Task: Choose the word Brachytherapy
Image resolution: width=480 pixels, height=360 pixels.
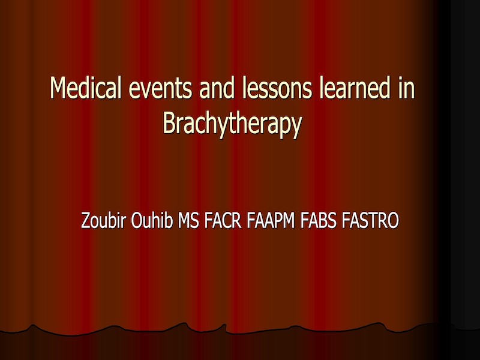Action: tap(232, 124)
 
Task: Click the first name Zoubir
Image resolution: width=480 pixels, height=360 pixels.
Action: tap(103, 220)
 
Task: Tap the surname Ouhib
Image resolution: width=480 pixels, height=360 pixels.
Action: tap(152, 220)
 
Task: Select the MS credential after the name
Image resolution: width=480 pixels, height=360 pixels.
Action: tap(188, 220)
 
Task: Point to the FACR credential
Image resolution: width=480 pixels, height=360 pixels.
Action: tap(223, 220)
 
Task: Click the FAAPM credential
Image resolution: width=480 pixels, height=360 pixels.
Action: tap(271, 220)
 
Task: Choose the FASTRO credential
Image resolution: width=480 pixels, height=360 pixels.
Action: tap(370, 220)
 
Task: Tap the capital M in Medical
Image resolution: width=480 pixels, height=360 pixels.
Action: tap(59, 88)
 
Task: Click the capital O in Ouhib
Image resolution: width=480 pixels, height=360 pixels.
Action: tap(137, 220)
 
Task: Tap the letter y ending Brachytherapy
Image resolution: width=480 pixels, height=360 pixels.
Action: tap(296, 127)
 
